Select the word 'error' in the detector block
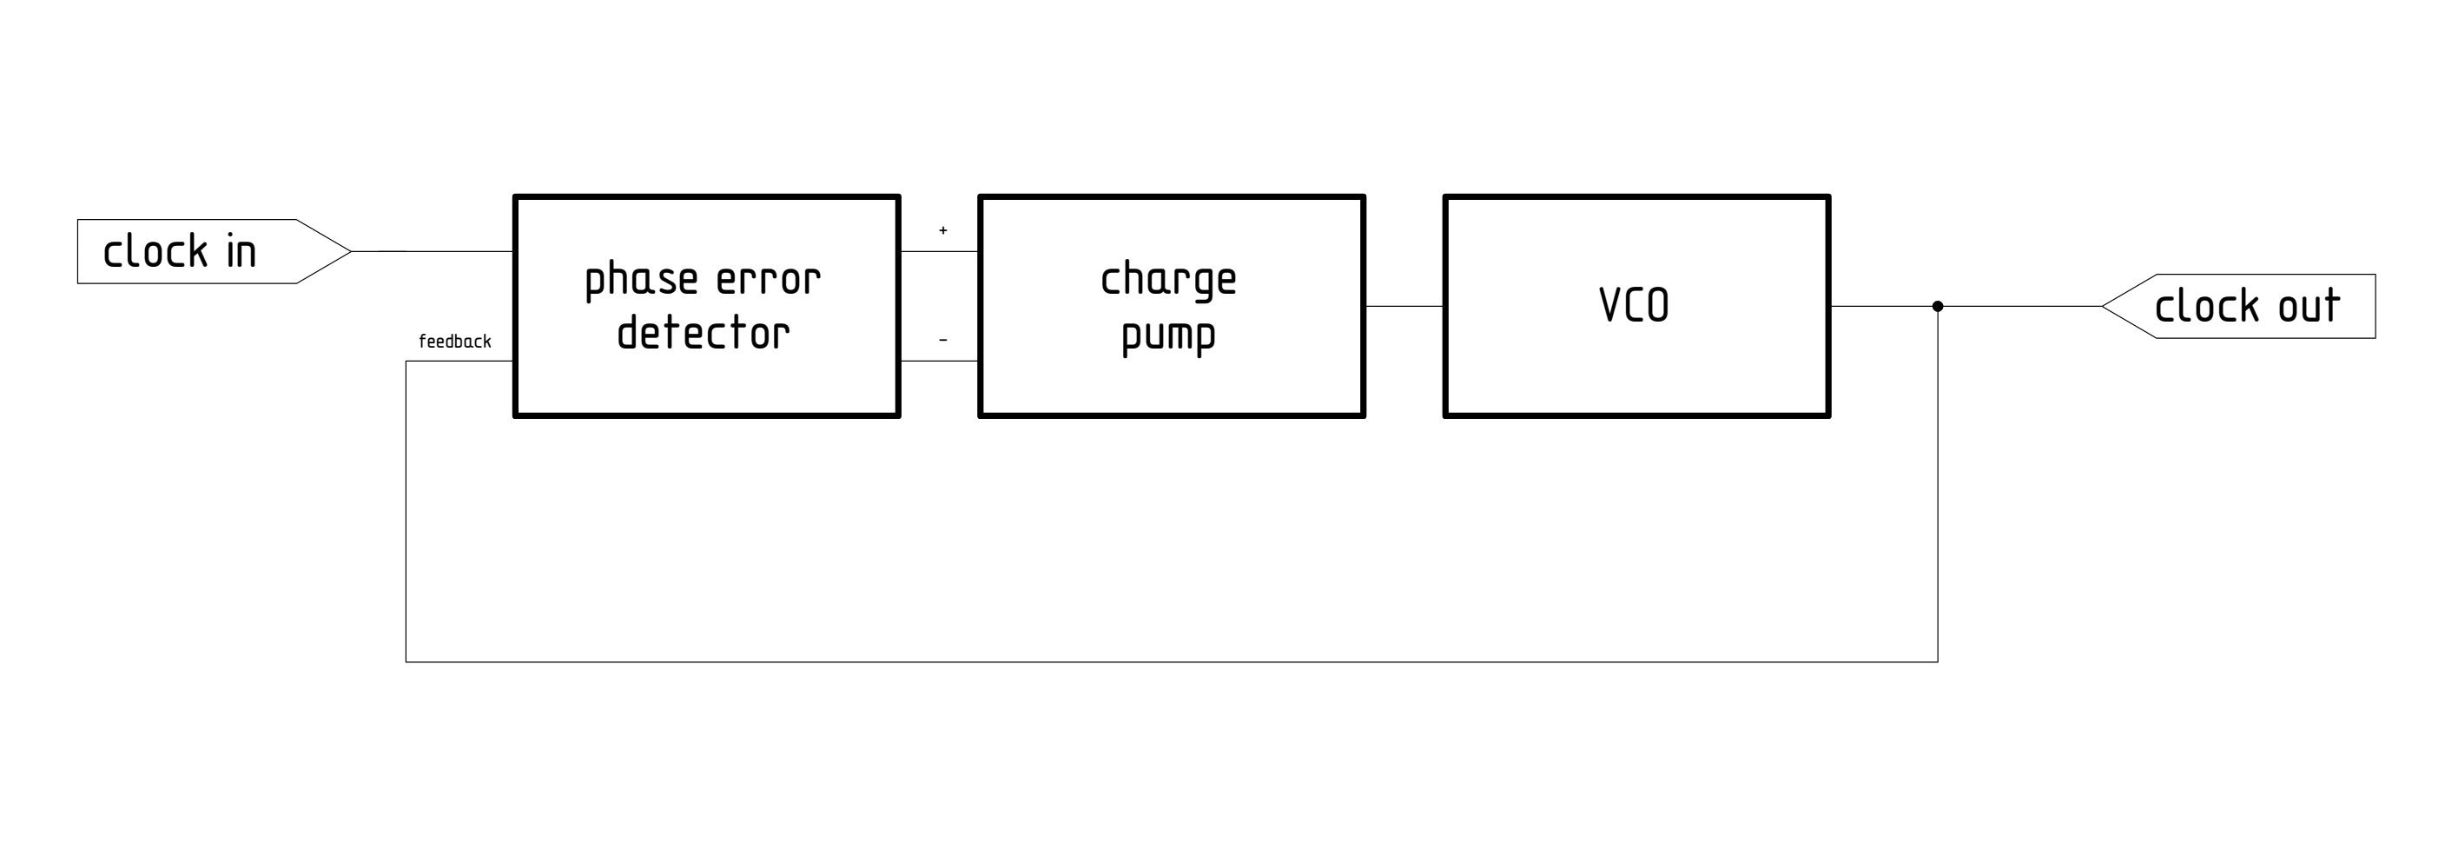tap(768, 280)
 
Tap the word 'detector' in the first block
tap(704, 335)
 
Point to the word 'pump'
tap(1168, 336)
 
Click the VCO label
tap(1634, 306)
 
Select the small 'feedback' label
tap(454, 342)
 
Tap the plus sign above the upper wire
tap(942, 229)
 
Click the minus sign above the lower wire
tap(942, 339)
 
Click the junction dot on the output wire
tap(1937, 306)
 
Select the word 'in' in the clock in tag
tap(241, 252)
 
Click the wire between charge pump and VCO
tap(1404, 306)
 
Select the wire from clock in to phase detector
tap(432, 252)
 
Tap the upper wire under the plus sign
tap(939, 252)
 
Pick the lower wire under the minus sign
tap(939, 361)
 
